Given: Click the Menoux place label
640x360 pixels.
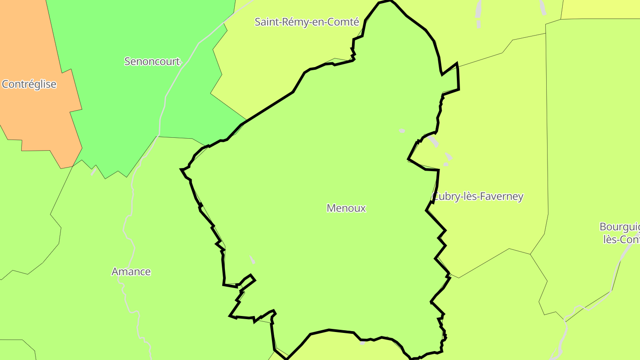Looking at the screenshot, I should click(x=346, y=208).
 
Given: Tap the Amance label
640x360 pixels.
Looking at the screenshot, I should click(x=131, y=272).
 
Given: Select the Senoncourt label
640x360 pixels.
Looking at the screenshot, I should click(x=152, y=61).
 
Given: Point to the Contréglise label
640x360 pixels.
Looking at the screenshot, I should click(x=29, y=84).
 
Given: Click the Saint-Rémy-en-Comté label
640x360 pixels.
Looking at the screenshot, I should click(x=307, y=22).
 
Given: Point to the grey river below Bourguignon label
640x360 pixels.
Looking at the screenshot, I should click(x=616, y=276).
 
